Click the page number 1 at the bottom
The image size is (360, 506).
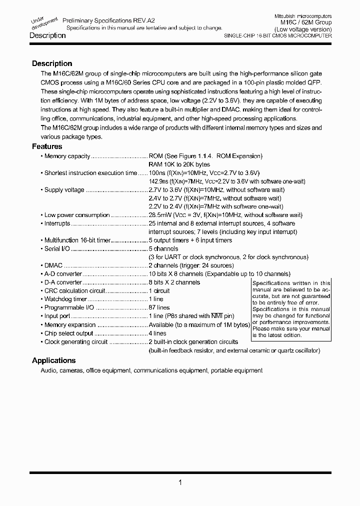click(179, 482)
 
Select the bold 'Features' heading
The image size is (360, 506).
click(47, 146)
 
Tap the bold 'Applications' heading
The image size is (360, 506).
click(53, 360)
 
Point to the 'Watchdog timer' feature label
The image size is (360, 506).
click(65, 299)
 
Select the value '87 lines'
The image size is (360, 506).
click(159, 307)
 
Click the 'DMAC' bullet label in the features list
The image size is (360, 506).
click(54, 265)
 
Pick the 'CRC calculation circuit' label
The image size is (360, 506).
click(74, 290)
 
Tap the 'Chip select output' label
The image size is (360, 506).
click(68, 333)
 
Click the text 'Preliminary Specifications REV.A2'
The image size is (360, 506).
click(108, 20)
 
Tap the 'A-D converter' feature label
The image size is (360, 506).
click(62, 274)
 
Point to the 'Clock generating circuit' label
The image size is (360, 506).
click(76, 341)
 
